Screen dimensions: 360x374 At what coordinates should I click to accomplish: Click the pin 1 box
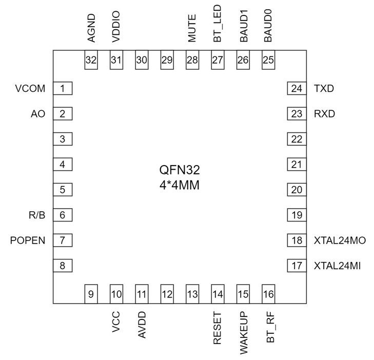(x=63, y=89)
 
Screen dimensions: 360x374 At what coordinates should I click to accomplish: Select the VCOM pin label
(x=30, y=89)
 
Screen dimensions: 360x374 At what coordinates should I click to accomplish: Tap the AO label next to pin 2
(x=38, y=114)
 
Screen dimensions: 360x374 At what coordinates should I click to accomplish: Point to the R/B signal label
(x=37, y=215)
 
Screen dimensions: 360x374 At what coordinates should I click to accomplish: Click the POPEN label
(x=28, y=241)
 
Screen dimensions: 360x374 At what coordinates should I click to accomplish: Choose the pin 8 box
(x=63, y=266)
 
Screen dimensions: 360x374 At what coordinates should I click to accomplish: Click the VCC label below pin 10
(x=116, y=323)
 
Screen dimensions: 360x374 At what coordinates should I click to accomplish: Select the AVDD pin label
(x=142, y=325)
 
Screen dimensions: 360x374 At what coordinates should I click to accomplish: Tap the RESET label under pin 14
(x=218, y=328)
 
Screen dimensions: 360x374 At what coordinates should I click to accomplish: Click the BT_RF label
(x=269, y=329)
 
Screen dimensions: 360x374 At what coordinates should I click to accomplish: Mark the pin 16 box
(x=268, y=294)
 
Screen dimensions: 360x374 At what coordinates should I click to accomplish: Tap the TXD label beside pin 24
(x=324, y=89)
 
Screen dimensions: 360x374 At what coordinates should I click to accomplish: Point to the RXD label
(x=324, y=114)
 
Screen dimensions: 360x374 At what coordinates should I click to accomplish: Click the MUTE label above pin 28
(x=192, y=31)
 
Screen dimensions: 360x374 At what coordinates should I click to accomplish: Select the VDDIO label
(x=116, y=30)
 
